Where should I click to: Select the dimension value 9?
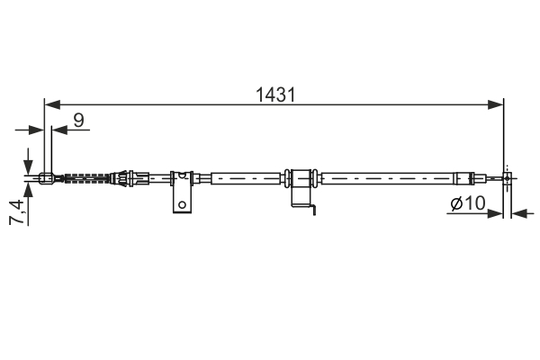click(79, 117)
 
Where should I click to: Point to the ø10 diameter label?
click(467, 205)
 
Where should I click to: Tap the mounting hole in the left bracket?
click(183, 203)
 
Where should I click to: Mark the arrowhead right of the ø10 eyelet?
click(517, 214)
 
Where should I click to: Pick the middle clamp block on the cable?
click(301, 177)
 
